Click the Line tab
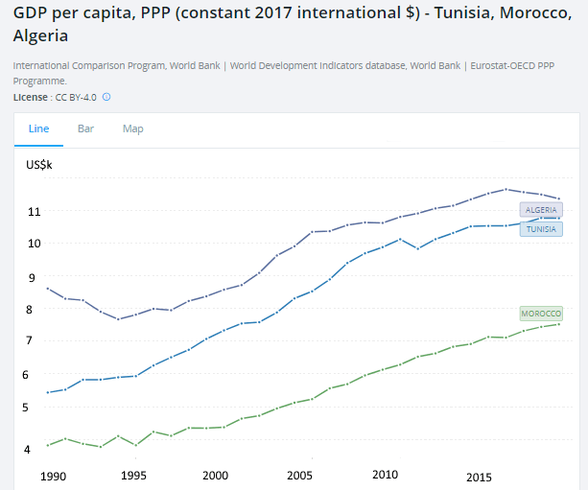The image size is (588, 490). (38, 128)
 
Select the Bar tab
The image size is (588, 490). (85, 128)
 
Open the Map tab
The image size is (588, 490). (132, 128)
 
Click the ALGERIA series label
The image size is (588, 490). (541, 209)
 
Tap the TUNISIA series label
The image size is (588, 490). (541, 229)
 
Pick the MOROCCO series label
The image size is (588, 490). (540, 314)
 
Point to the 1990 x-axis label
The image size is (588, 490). (53, 476)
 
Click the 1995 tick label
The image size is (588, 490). (133, 476)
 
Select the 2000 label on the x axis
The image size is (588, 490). (217, 476)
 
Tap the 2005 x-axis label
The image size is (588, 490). (300, 475)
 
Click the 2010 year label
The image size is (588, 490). (385, 475)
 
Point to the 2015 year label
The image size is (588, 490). (480, 476)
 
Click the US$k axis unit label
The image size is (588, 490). (39, 165)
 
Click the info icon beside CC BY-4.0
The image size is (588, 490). (106, 97)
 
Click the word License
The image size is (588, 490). (31, 97)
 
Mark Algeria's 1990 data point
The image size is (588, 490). (48, 289)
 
